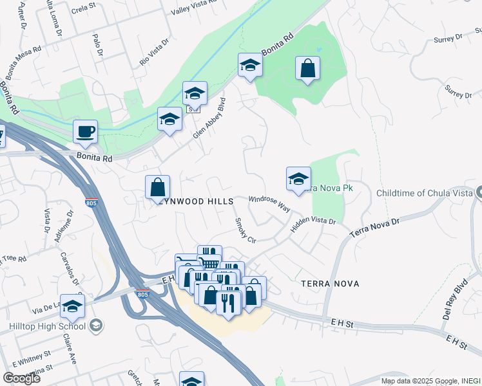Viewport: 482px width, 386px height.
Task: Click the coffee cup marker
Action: [85, 133]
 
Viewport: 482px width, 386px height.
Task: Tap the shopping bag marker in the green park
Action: [308, 68]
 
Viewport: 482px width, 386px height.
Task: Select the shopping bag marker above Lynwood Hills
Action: [157, 187]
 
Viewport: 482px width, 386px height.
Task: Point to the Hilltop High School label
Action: [47, 326]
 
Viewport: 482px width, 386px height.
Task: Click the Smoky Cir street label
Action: [246, 230]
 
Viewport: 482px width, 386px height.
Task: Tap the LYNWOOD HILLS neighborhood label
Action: [195, 201]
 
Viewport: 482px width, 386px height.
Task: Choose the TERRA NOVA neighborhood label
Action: [329, 283]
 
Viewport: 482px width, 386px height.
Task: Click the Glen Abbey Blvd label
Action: [211, 118]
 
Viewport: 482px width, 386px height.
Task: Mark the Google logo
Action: [21, 378]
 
